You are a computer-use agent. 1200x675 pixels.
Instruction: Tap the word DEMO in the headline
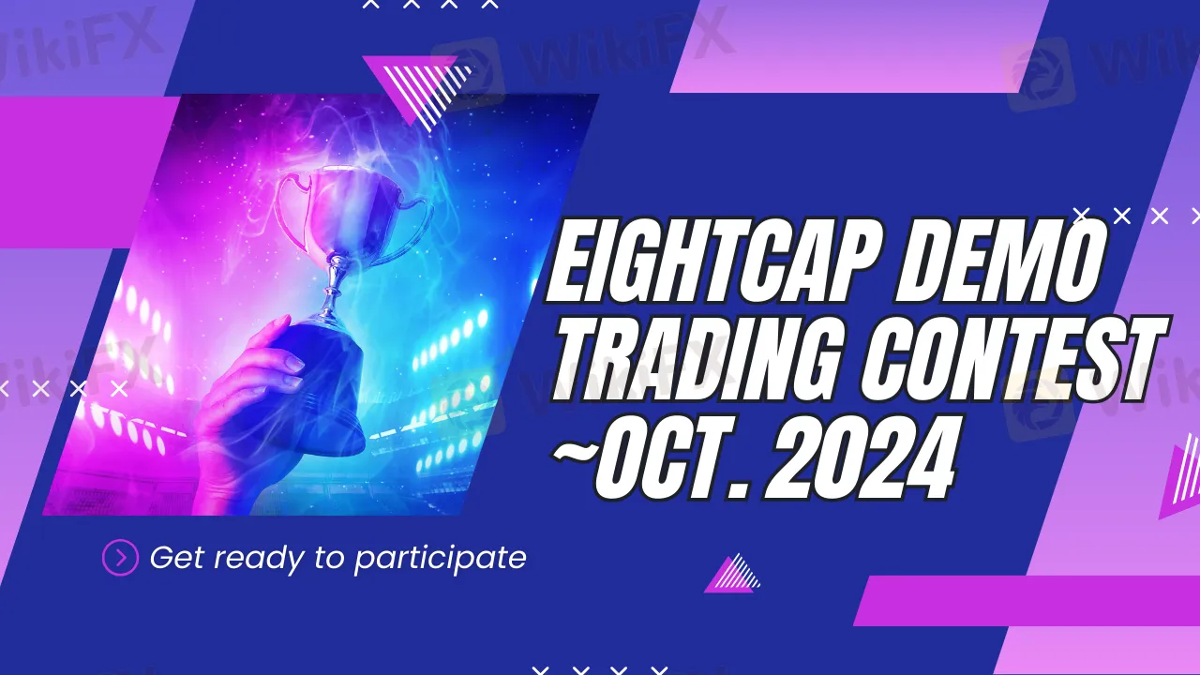tap(1000, 261)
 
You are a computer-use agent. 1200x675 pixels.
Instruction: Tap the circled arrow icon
tap(120, 558)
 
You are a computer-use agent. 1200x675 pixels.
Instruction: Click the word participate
tap(441, 560)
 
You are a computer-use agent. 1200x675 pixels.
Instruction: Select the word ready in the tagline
tap(259, 560)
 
